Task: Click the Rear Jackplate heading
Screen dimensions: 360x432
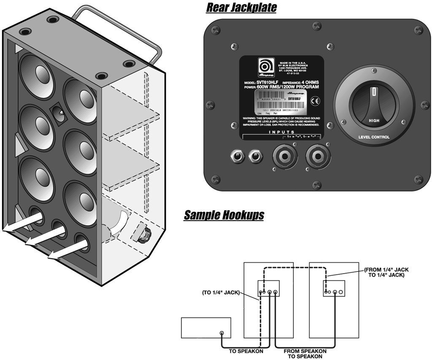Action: pyautogui.click(x=240, y=8)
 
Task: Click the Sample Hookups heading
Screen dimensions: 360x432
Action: pyautogui.click(x=224, y=215)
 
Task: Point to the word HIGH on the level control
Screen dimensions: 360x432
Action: pyautogui.click(x=374, y=120)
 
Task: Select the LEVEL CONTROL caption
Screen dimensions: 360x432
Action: pyautogui.click(x=374, y=137)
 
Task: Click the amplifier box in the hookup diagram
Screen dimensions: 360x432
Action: pyautogui.click(x=205, y=328)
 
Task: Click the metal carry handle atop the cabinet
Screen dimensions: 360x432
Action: pyautogui.click(x=114, y=25)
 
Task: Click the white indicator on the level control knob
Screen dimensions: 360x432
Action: pyautogui.click(x=373, y=92)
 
